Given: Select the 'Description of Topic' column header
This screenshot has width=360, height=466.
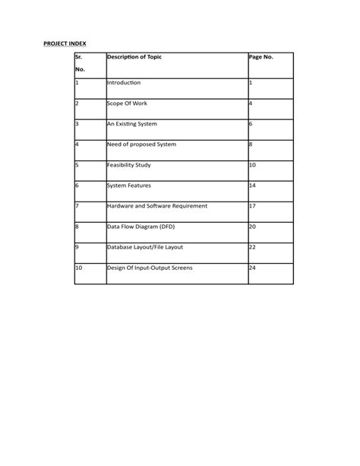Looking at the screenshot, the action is pos(134,58).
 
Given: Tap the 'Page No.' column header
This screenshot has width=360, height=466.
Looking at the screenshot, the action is pos(261,58).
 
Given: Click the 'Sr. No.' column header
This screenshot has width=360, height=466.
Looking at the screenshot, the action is pos(80,64).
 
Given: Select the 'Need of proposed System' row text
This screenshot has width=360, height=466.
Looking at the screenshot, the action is pos(141,144).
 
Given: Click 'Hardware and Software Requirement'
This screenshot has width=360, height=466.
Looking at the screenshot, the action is pos(157,205).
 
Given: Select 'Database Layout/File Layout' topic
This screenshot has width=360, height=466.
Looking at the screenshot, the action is pos(145,247).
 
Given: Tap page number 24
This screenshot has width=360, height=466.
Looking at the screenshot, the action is pos(253,268).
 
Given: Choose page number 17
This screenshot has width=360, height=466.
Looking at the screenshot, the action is pos(253,205).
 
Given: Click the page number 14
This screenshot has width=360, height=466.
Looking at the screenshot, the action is pos(253,185).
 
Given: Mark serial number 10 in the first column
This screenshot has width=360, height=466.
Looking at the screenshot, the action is pos(79,268).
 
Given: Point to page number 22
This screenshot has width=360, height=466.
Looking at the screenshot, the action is pos(253,247).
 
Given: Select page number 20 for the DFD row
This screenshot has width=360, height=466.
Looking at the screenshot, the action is pos(253,227).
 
